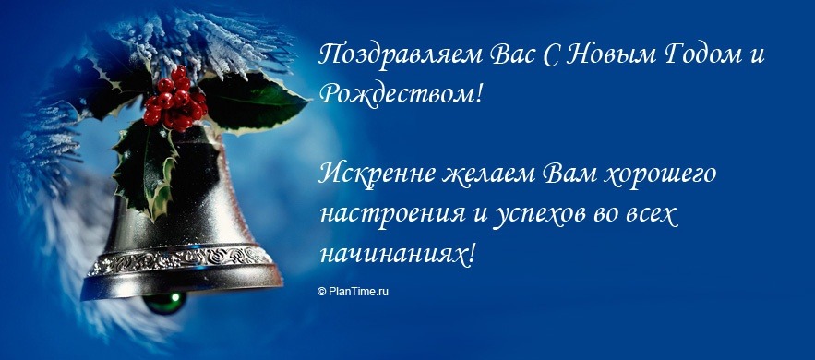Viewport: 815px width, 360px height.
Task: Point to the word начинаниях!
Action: click(398, 253)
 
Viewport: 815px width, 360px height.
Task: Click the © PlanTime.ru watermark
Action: click(354, 291)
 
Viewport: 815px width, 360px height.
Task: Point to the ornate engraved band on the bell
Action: click(185, 261)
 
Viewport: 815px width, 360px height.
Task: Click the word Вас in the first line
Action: click(506, 54)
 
